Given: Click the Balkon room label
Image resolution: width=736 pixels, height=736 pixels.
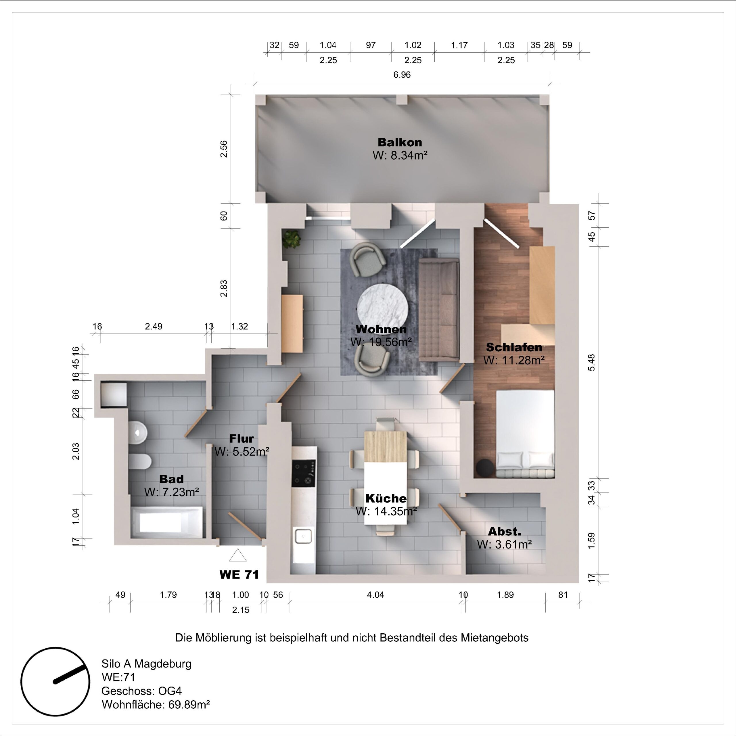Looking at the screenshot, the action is pyautogui.click(x=400, y=143).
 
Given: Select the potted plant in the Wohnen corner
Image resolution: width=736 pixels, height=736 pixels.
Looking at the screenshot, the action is pyautogui.click(x=292, y=239).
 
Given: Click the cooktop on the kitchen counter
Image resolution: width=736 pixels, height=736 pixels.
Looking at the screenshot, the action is pyautogui.click(x=304, y=474).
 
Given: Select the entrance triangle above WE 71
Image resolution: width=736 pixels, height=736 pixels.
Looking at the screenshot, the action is pyautogui.click(x=238, y=555).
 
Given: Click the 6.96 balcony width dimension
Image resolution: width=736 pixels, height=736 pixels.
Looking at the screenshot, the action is pyautogui.click(x=402, y=75).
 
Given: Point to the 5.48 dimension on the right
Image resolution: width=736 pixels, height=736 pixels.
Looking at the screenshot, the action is pyautogui.click(x=591, y=362).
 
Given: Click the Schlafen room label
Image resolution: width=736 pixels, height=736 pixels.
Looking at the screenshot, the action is pyautogui.click(x=514, y=347).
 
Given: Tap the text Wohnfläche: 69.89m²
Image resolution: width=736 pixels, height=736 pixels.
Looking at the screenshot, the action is pyautogui.click(x=156, y=704).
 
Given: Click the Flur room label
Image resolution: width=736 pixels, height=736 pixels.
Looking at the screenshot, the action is pyautogui.click(x=241, y=439).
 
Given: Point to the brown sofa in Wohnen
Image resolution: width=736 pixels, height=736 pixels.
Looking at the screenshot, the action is pyautogui.click(x=439, y=310).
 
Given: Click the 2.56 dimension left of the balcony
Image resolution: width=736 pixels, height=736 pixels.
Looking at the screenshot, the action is pyautogui.click(x=224, y=149).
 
